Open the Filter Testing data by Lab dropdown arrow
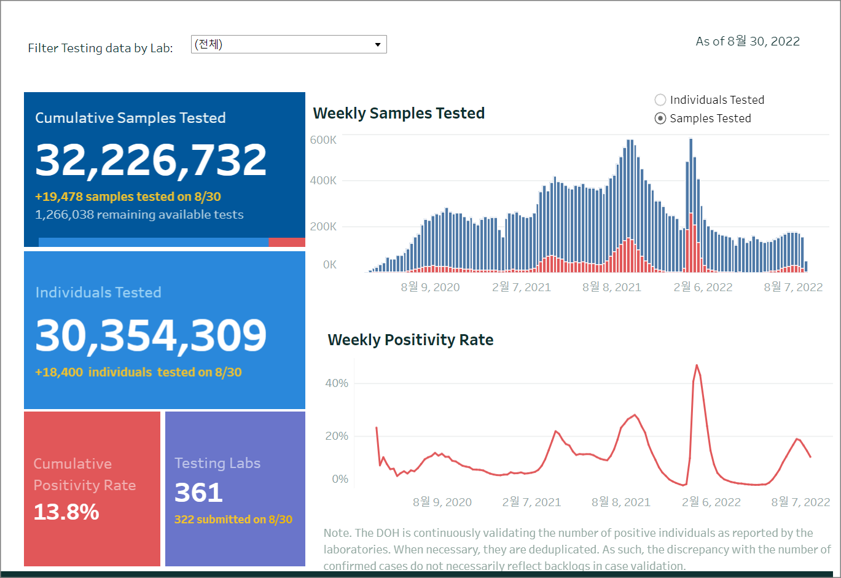tap(378, 45)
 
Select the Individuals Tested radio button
tap(660, 100)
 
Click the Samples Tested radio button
tap(660, 119)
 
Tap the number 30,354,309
tap(151, 335)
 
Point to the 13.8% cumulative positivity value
tap(66, 512)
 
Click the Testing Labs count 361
tap(198, 493)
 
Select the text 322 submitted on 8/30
tap(233, 520)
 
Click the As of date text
tap(748, 42)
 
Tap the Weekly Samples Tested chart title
tap(399, 114)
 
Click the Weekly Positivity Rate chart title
tap(410, 340)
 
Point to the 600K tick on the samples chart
tap(323, 140)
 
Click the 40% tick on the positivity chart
tap(337, 383)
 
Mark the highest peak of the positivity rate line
tap(697, 365)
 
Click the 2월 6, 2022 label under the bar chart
tap(703, 287)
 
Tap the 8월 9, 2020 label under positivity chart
tap(442, 502)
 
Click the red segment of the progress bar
tap(287, 243)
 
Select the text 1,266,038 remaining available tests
tap(139, 215)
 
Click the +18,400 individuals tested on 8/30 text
tap(138, 373)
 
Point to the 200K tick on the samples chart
tap(323, 227)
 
